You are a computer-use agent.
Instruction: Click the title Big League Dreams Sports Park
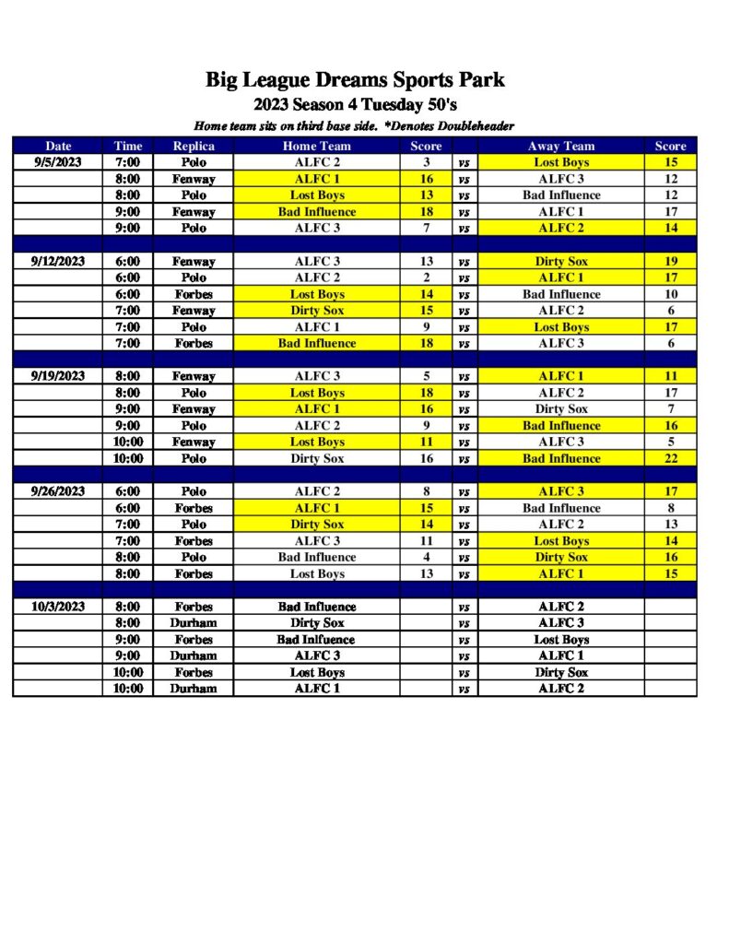(x=355, y=80)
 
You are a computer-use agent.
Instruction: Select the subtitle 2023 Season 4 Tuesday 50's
(x=355, y=104)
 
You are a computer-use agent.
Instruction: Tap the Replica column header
(x=194, y=146)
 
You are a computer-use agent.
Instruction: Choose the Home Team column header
(x=317, y=146)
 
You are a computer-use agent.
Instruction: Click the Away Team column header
(x=560, y=146)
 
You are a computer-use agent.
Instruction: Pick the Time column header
(x=128, y=146)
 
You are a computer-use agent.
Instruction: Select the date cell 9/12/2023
(x=57, y=261)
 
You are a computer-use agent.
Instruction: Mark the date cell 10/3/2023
(x=57, y=607)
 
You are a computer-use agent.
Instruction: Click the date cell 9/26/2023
(x=57, y=491)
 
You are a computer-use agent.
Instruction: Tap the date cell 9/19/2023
(x=57, y=376)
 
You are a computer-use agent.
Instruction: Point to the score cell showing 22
(x=670, y=458)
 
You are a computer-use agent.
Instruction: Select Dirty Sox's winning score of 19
(x=670, y=261)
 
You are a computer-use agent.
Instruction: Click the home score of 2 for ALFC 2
(x=427, y=277)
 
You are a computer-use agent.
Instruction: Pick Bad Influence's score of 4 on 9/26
(x=427, y=557)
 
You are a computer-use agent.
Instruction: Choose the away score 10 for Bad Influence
(x=670, y=294)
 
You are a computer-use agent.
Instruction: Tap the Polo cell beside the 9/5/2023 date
(x=194, y=162)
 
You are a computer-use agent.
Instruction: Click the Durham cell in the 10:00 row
(x=194, y=689)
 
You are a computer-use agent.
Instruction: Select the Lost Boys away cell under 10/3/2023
(x=560, y=640)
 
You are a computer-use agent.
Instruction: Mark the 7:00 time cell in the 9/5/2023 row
(x=128, y=162)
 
